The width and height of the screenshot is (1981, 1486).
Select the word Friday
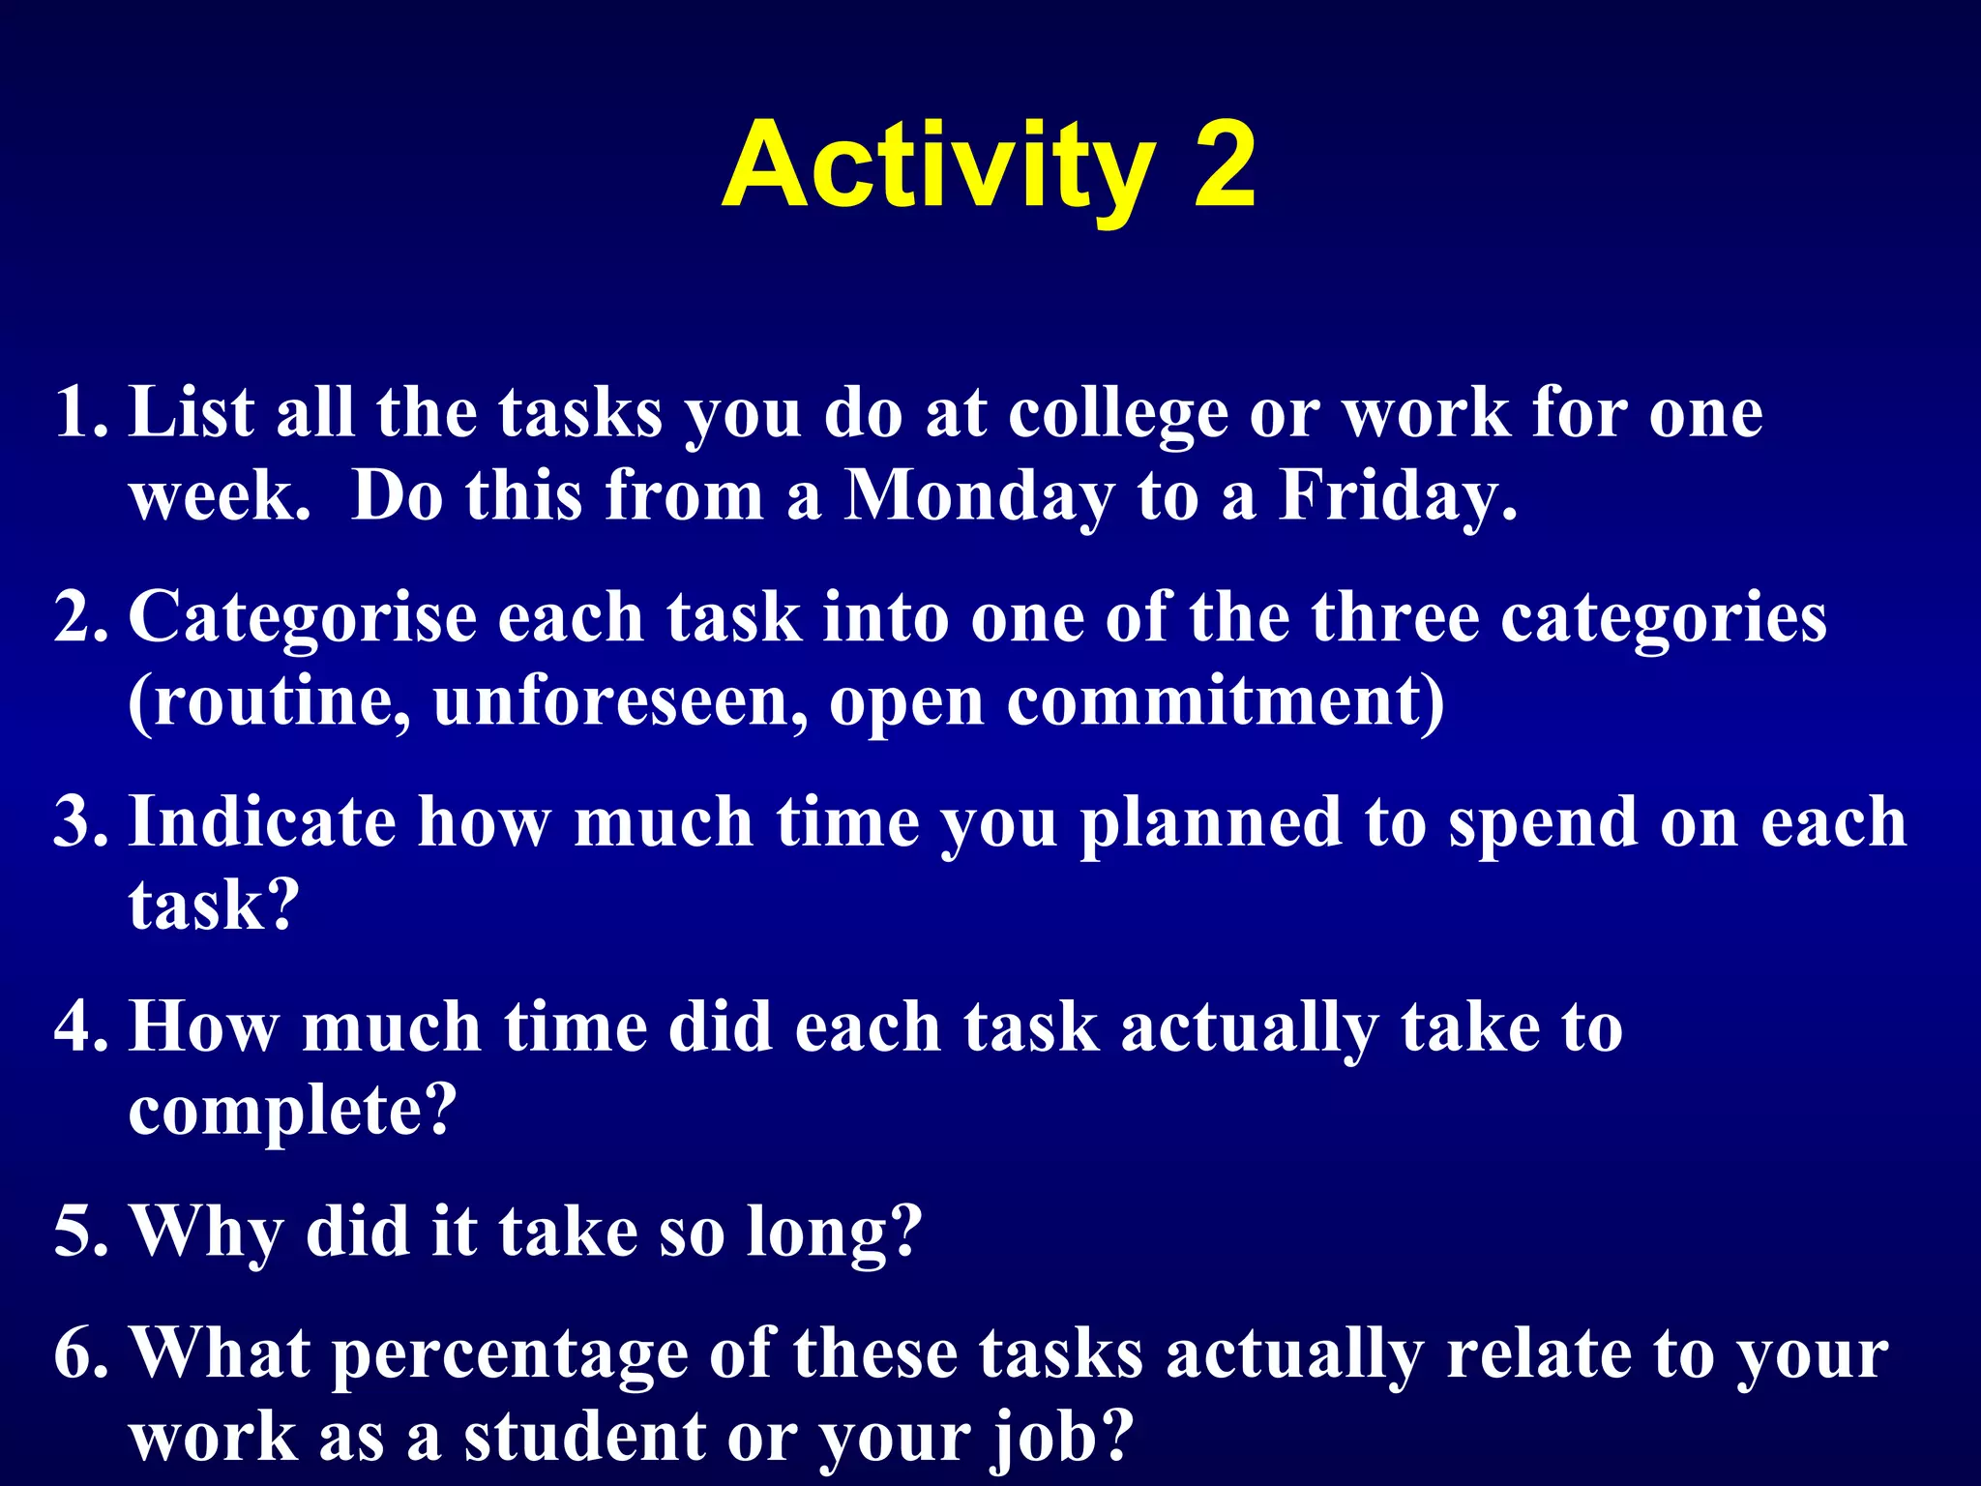point(1397,496)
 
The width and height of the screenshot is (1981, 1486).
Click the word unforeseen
point(619,700)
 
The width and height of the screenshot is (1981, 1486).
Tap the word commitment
point(1225,700)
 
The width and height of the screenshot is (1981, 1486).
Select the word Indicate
point(262,822)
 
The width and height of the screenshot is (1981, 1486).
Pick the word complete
point(290,1111)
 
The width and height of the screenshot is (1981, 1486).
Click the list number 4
point(79,1027)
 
